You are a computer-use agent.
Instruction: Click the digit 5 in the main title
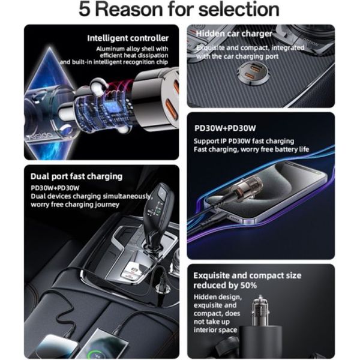[84, 10]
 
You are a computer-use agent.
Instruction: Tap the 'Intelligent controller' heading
[128, 38]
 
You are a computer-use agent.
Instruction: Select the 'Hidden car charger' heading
[234, 34]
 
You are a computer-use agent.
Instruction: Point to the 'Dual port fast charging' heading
[76, 177]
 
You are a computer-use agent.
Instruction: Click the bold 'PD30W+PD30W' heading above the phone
[225, 128]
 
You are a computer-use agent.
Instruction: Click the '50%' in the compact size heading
[248, 286]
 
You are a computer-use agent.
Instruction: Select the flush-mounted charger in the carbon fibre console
[253, 73]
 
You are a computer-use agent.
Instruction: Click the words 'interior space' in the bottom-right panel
[215, 330]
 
